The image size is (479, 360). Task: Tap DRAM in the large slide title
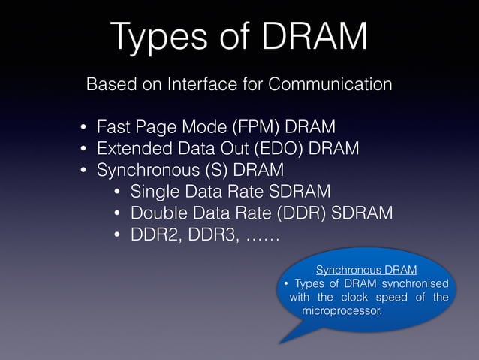tap(309, 37)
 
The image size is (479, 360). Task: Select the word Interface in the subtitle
tap(199, 83)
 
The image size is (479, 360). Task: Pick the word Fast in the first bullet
tap(113, 125)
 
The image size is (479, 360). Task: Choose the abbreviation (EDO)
tap(278, 147)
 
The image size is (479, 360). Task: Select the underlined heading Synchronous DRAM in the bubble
tap(366, 269)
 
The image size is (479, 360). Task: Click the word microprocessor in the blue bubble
tap(340, 310)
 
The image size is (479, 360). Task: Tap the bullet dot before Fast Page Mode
tap(85, 126)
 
